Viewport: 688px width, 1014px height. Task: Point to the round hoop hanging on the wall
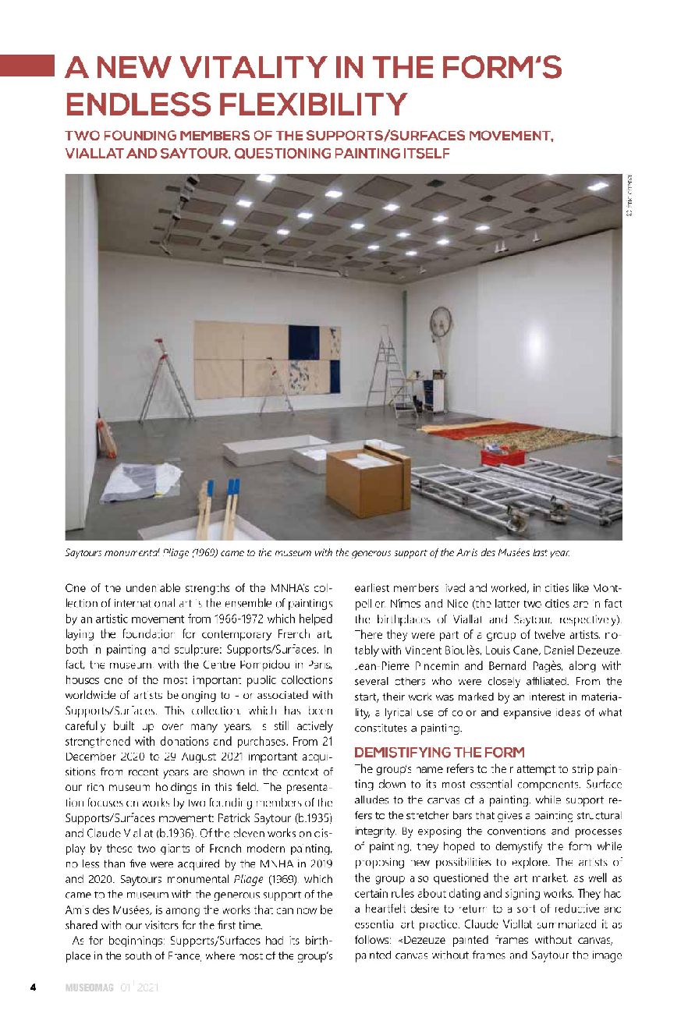tap(442, 321)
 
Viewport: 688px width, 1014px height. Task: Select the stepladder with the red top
tap(165, 382)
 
